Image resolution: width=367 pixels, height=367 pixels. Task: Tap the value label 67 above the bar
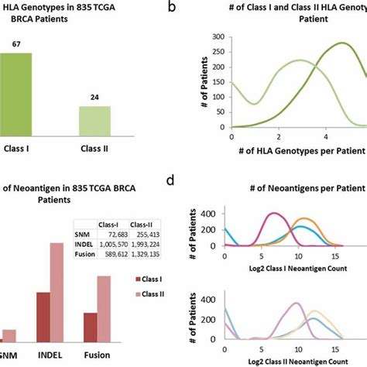15,45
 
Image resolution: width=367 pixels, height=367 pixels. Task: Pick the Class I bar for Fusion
91,328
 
